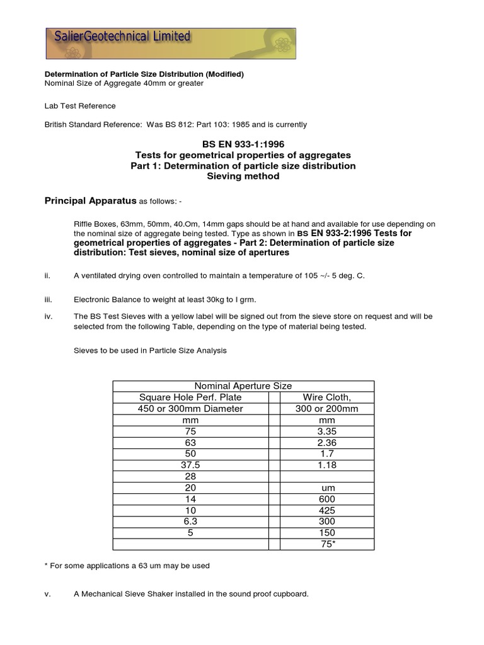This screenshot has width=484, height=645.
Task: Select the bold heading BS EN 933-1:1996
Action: [243, 144]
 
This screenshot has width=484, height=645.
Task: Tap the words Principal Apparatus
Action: [90, 201]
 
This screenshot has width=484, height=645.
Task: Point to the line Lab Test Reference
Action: [80, 106]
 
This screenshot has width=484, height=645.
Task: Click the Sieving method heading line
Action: [243, 176]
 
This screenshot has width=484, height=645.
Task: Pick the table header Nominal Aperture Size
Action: [243, 385]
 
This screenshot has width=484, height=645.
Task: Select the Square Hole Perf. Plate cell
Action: [190, 397]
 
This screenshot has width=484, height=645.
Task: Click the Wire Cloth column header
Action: [326, 397]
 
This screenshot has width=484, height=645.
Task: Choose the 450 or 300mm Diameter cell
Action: [190, 408]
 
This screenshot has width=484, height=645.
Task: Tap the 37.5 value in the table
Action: [190, 465]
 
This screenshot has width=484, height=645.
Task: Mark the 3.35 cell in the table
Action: [326, 431]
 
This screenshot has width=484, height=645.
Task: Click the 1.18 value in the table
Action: [326, 465]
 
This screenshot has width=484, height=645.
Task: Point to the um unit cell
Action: [326, 488]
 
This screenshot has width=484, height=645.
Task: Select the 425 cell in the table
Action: [326, 510]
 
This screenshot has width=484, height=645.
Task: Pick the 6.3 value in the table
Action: [190, 522]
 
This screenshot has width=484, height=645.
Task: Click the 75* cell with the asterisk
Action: [328, 544]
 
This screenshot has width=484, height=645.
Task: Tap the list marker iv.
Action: [48, 316]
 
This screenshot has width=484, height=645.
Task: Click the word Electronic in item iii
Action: [93, 300]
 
